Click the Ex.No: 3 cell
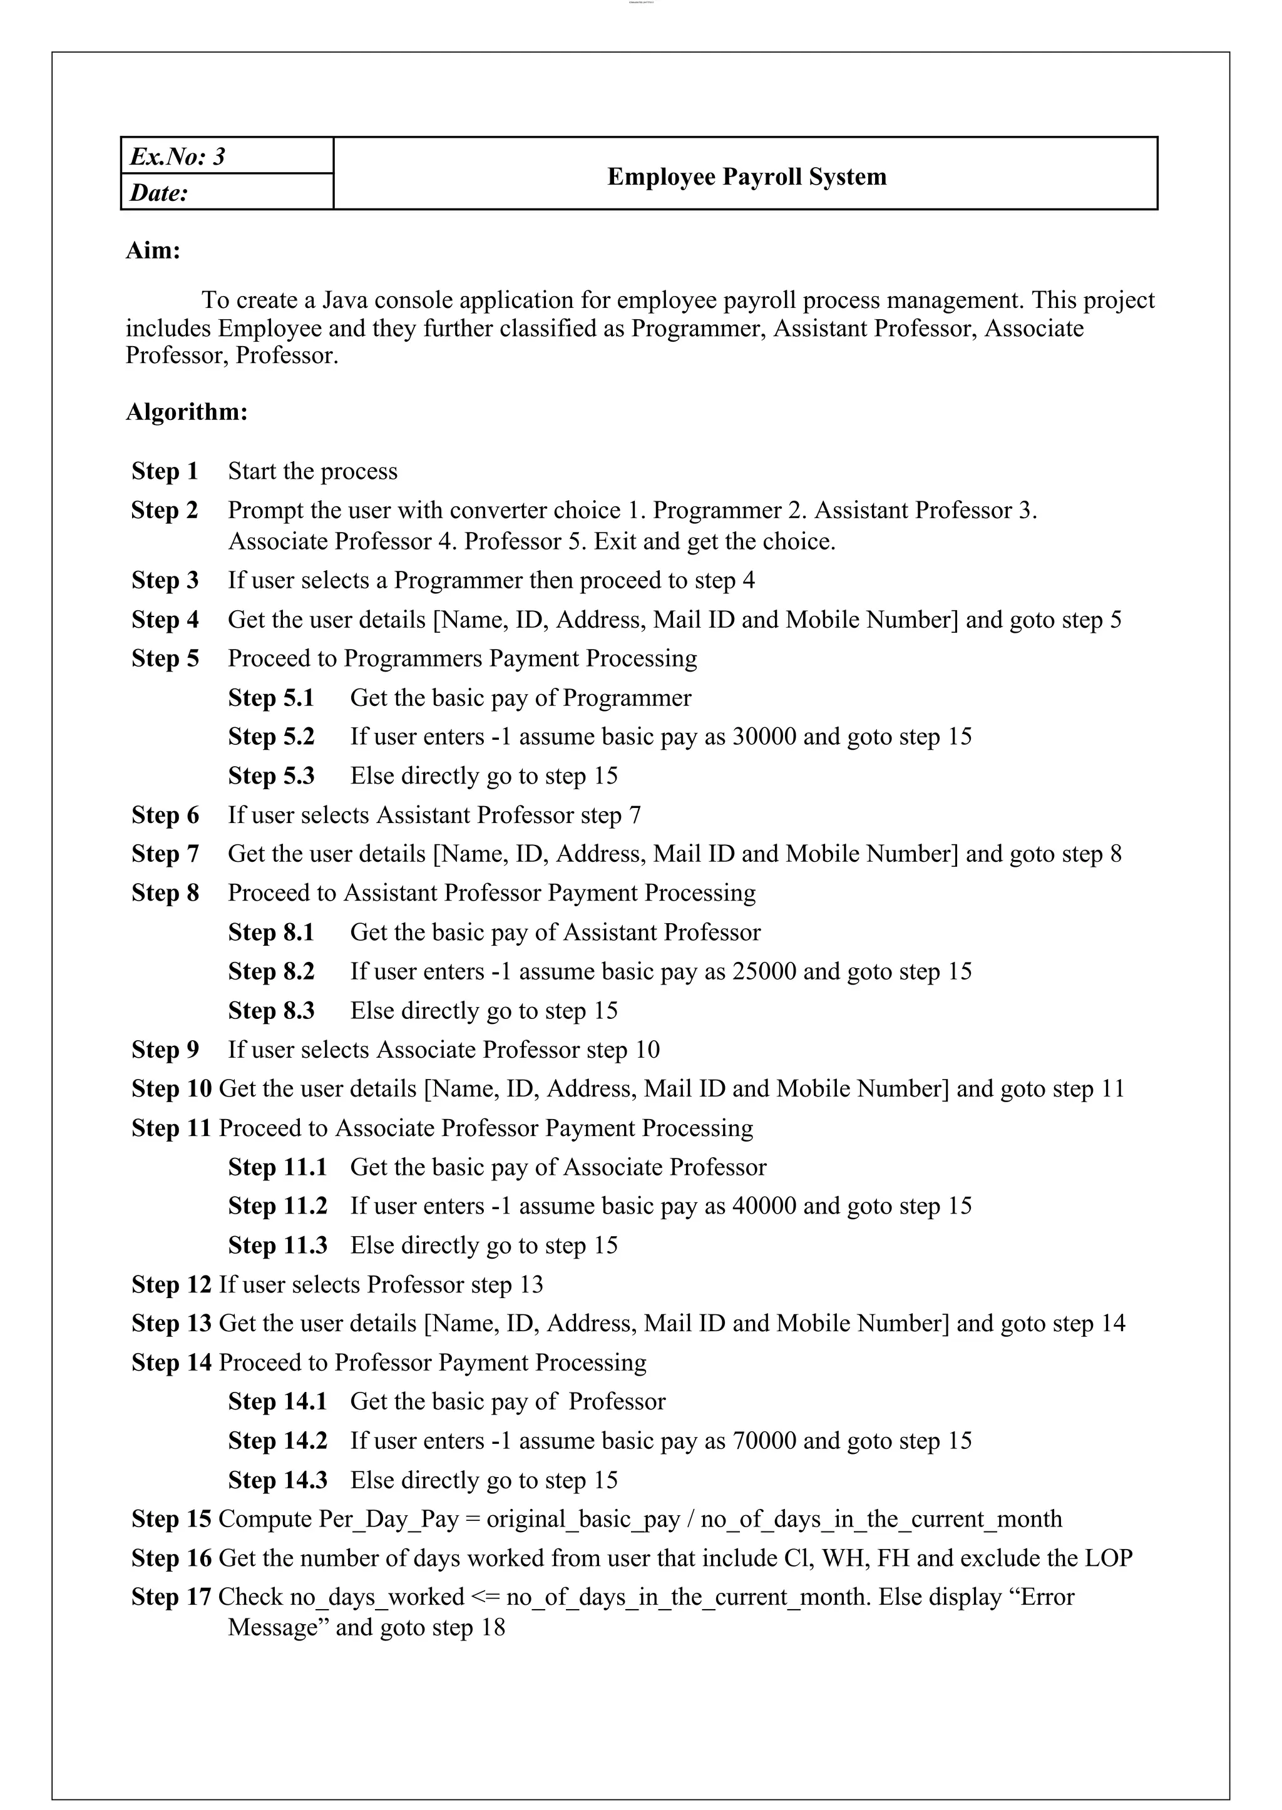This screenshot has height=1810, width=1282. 178,156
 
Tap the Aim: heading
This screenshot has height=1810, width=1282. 153,250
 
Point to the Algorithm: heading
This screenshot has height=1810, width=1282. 187,411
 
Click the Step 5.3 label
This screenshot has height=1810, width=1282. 271,775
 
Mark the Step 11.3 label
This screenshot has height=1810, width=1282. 277,1245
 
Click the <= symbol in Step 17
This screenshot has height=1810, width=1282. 485,1596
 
